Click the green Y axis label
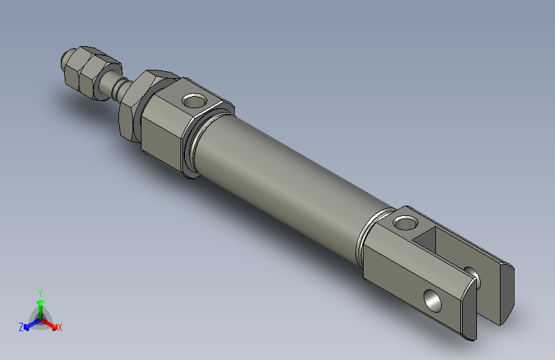pos(40,291)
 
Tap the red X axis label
pos(60,328)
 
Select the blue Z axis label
pos(21,327)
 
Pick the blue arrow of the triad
pos(29,324)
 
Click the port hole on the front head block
pos(191,101)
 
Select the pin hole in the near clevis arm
pos(433,299)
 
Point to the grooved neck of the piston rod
pos(116,88)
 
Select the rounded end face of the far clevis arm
pos(506,292)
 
